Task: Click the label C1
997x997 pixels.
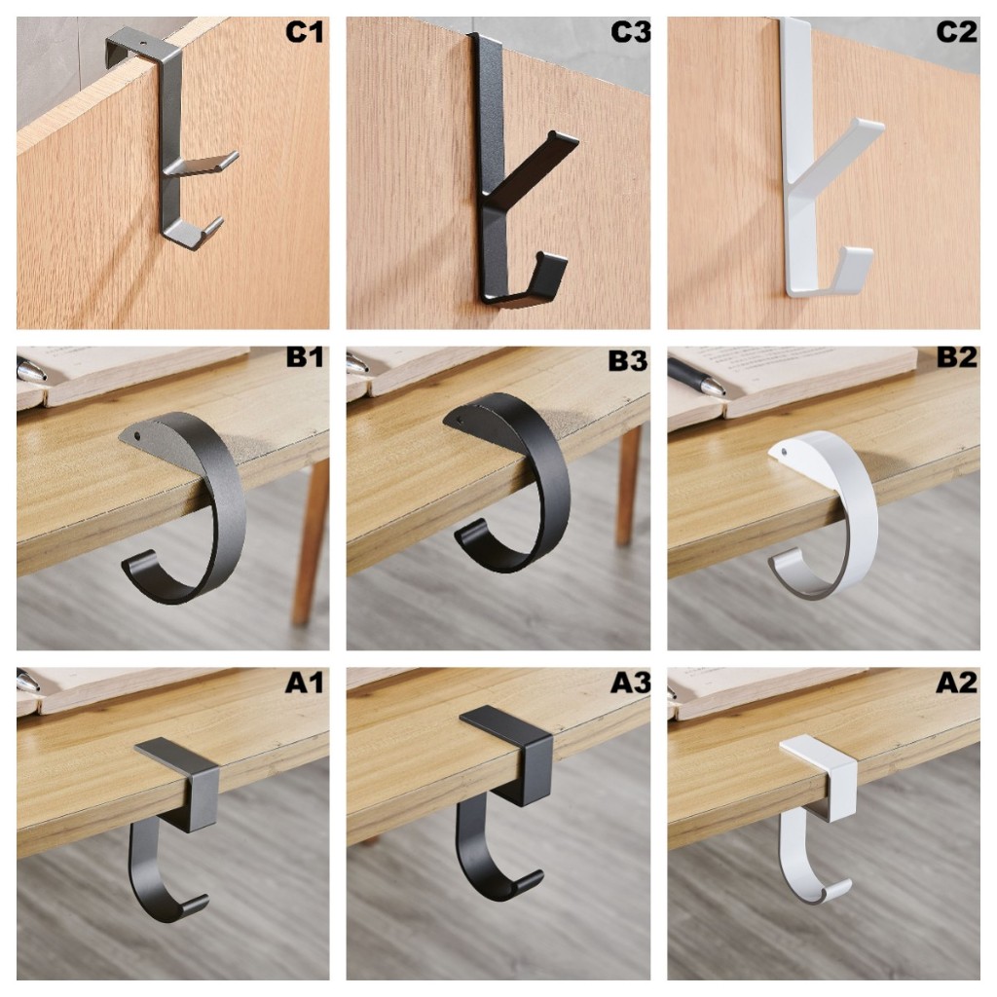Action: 304,32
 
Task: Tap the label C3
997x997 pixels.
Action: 630,32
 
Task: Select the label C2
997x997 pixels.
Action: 956,32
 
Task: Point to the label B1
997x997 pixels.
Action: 305,357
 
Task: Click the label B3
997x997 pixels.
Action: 628,360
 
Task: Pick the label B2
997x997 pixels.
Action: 956,357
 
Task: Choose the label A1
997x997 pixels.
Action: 304,683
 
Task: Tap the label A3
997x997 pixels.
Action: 630,683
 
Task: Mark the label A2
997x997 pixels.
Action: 956,683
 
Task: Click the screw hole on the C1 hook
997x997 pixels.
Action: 142,45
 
